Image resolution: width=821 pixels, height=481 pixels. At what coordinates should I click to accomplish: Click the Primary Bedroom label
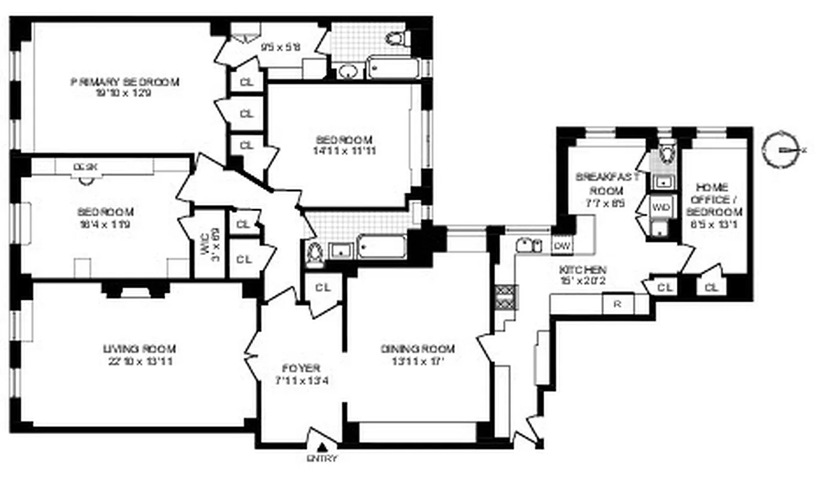[125, 82]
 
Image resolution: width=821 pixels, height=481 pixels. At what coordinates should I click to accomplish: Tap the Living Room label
[139, 349]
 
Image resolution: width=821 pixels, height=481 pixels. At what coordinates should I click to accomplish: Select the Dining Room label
[418, 349]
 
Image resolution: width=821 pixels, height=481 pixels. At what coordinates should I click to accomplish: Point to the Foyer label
[301, 369]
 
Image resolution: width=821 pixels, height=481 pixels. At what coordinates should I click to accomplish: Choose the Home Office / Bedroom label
[714, 200]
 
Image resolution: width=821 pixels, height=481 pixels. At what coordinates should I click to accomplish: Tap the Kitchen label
[583, 270]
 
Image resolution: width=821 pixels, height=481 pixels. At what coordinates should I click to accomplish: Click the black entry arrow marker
[323, 447]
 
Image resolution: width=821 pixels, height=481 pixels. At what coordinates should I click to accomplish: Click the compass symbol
[780, 149]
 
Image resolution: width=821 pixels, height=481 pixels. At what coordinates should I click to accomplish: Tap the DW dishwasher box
[561, 245]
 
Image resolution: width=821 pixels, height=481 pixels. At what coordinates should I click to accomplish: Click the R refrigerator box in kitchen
[616, 304]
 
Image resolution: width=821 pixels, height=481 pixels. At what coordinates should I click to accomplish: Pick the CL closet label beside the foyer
[323, 287]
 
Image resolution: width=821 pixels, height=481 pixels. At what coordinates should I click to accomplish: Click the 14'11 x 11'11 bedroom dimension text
[346, 150]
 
